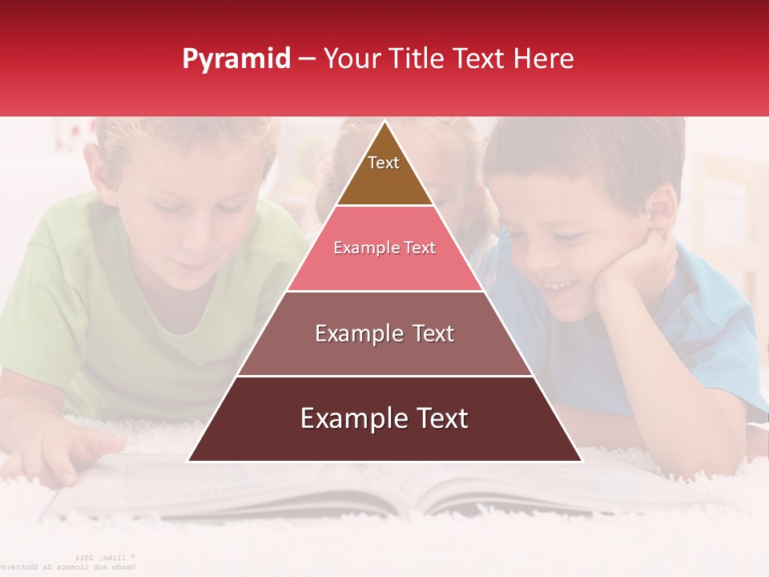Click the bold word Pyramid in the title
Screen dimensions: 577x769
tap(236, 59)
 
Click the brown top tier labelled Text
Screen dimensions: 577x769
tap(384, 172)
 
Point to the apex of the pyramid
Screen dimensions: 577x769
tap(384, 123)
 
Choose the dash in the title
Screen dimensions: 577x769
tap(307, 59)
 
